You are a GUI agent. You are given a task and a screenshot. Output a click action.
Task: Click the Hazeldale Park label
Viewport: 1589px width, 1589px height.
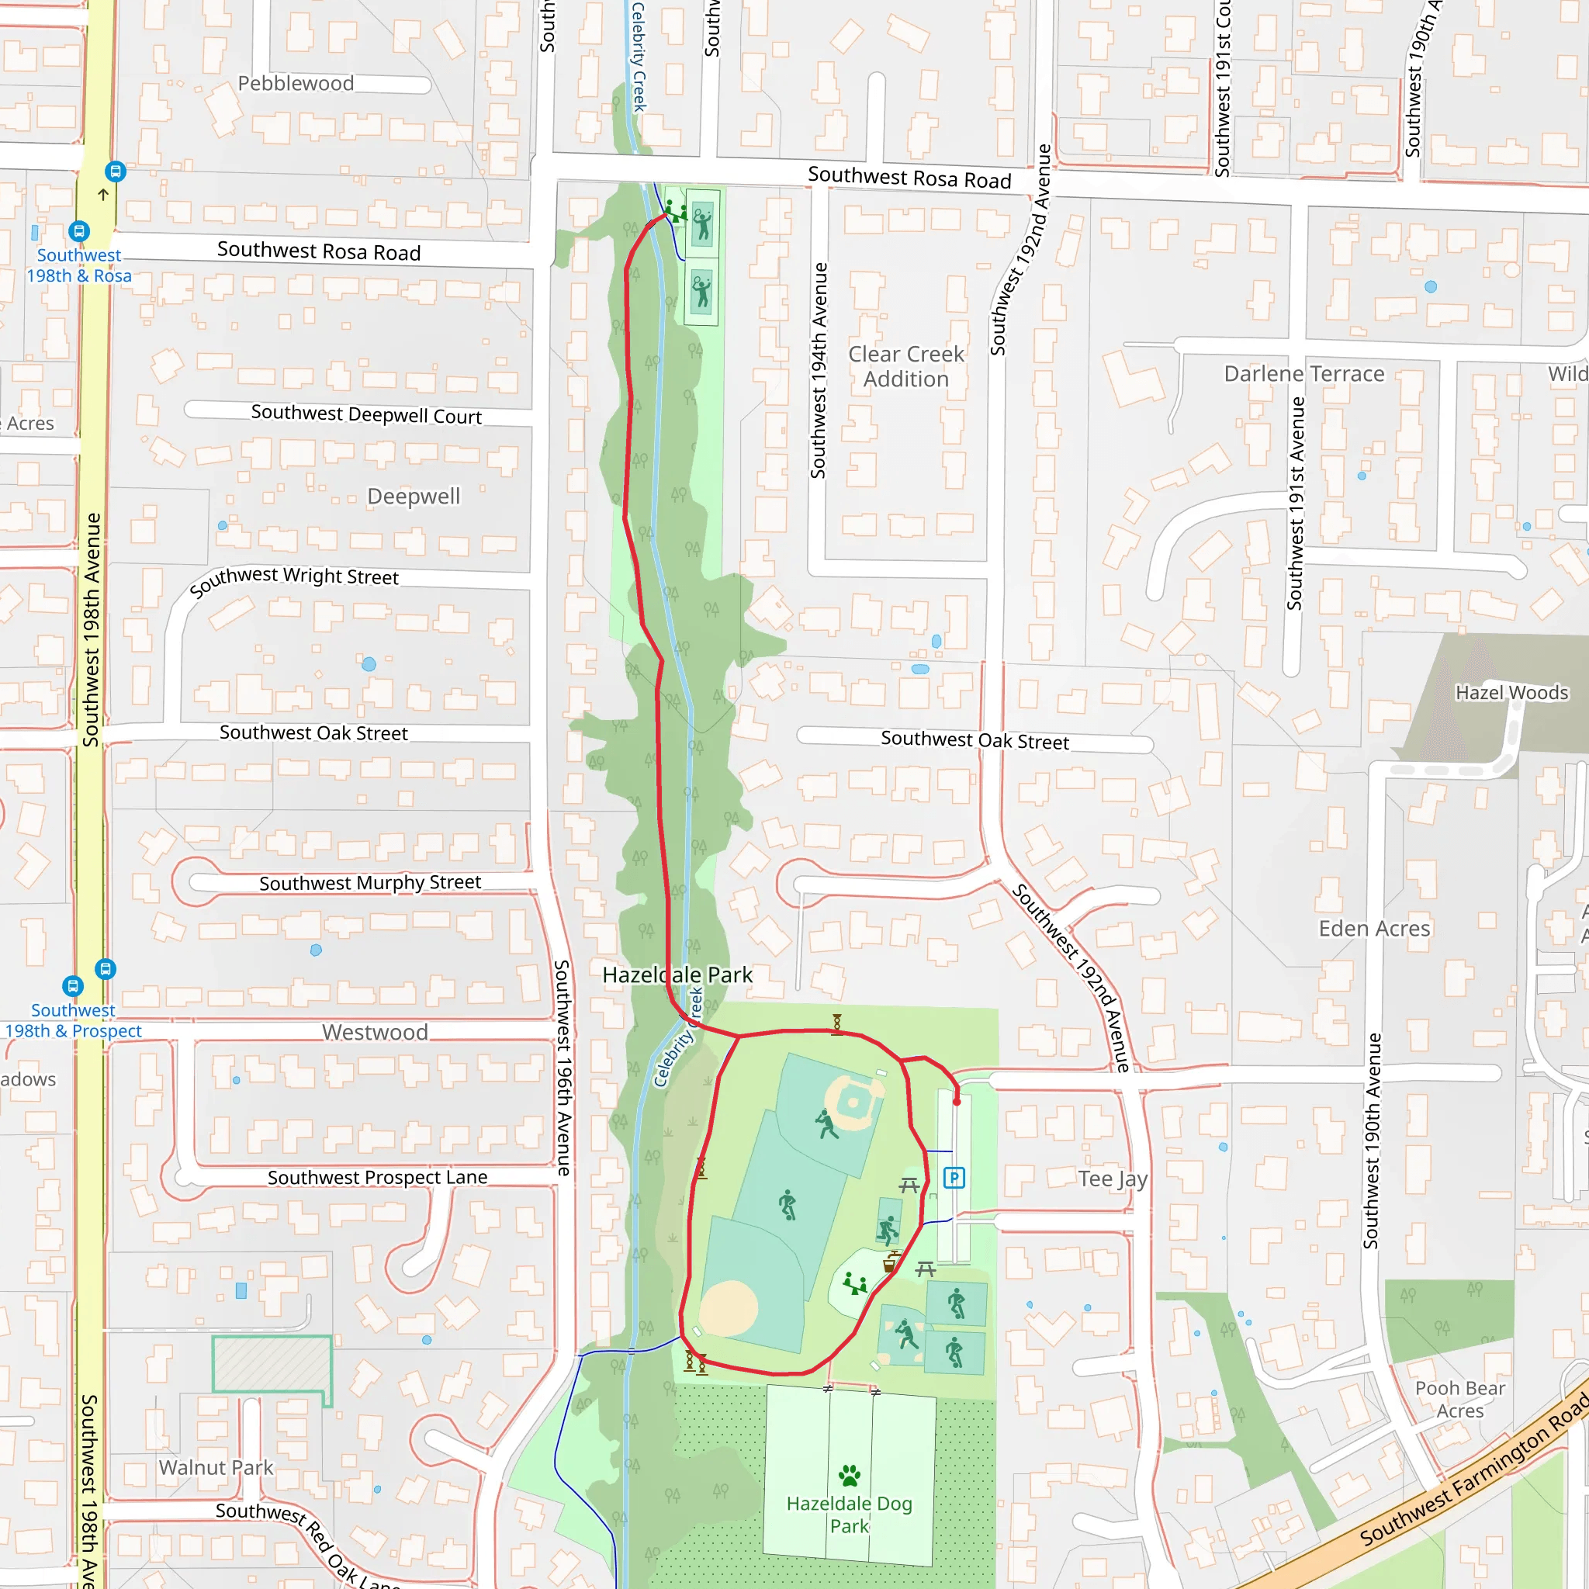677,975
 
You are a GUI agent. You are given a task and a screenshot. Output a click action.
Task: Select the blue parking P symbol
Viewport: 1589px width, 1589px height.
954,1178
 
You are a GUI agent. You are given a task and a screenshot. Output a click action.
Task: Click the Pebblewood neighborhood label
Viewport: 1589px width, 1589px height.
296,83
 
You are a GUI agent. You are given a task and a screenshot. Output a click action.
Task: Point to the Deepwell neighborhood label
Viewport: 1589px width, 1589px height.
413,496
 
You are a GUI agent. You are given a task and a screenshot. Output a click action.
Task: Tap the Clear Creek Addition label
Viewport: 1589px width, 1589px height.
905,366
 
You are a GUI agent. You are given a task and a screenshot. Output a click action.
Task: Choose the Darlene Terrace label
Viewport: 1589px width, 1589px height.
1303,373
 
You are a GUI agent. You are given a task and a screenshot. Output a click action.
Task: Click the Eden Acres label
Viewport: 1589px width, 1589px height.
1374,929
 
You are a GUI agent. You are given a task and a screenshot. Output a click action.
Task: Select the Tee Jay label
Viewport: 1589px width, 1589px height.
1112,1179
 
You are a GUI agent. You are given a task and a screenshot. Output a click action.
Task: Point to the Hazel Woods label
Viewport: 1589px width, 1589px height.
1511,693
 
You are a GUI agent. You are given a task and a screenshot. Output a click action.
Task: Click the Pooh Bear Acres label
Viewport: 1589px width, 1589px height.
1460,1399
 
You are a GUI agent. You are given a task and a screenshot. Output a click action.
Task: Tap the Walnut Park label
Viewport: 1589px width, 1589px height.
216,1467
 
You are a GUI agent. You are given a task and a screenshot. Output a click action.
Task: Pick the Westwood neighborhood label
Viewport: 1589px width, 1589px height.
374,1032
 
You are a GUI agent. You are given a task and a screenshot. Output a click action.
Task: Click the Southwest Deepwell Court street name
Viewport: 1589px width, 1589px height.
366,414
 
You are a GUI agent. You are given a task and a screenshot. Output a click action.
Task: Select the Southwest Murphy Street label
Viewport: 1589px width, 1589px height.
370,882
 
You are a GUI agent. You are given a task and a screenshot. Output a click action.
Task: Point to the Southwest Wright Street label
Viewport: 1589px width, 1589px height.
293,578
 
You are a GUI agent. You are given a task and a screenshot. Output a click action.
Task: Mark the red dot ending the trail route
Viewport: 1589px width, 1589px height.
957,1101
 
